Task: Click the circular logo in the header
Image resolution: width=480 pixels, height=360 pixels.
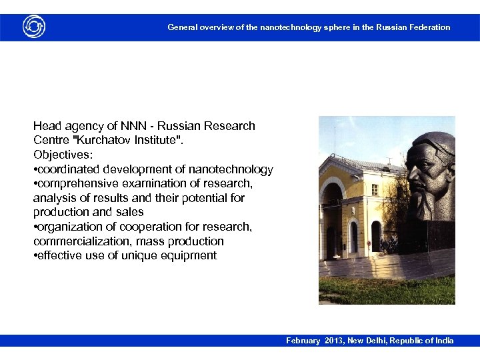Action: click(33, 27)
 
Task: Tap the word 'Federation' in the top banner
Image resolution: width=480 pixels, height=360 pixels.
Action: click(429, 27)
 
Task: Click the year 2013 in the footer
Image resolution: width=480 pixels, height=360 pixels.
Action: click(335, 341)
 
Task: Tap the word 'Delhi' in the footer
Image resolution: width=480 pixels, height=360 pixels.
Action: click(381, 341)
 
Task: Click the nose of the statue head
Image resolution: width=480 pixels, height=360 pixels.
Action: click(411, 175)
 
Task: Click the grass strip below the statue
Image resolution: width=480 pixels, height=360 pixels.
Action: click(387, 291)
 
